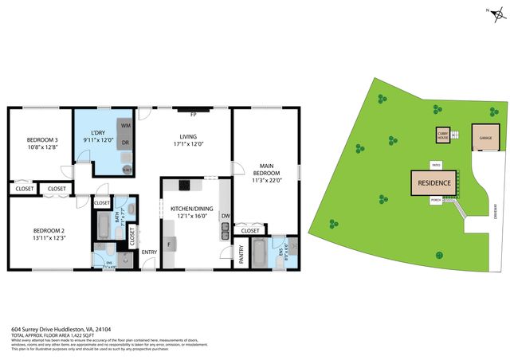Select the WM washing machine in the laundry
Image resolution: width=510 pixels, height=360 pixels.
(x=126, y=126)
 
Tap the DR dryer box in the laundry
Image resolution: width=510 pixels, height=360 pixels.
(x=126, y=143)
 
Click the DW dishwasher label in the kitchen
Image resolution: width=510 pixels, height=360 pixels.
(x=226, y=216)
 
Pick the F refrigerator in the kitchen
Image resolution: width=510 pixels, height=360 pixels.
(x=169, y=243)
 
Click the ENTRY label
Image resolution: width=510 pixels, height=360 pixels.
(x=149, y=252)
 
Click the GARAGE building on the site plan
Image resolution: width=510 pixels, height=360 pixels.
(x=484, y=137)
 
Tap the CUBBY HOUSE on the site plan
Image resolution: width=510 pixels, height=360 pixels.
(x=442, y=136)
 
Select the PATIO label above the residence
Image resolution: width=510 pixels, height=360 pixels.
(x=436, y=165)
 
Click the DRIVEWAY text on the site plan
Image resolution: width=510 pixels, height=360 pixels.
(x=495, y=212)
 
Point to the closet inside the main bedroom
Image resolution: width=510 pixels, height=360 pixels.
(x=249, y=230)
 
